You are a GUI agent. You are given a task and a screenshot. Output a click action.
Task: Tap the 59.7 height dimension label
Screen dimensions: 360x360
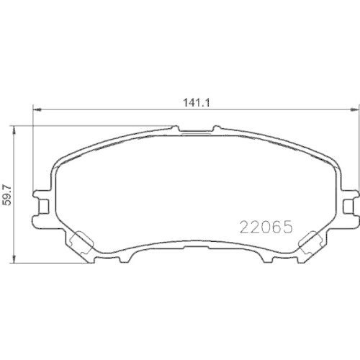point(9,193)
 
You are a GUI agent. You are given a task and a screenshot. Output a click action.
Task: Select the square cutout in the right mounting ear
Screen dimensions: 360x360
point(350,206)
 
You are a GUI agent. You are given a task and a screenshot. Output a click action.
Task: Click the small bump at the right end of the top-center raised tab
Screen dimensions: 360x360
point(214,129)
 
